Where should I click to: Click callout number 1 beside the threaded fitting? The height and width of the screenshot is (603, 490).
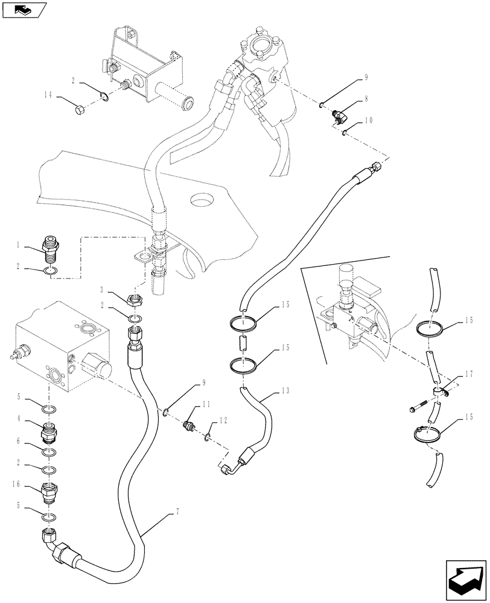[19, 245]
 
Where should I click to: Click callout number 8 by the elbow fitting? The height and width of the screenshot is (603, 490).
[365, 98]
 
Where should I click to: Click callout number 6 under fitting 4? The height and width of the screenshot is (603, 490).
[19, 442]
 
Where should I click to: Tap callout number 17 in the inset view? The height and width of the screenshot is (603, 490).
[469, 374]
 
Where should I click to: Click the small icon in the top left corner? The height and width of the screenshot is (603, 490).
[24, 9]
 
